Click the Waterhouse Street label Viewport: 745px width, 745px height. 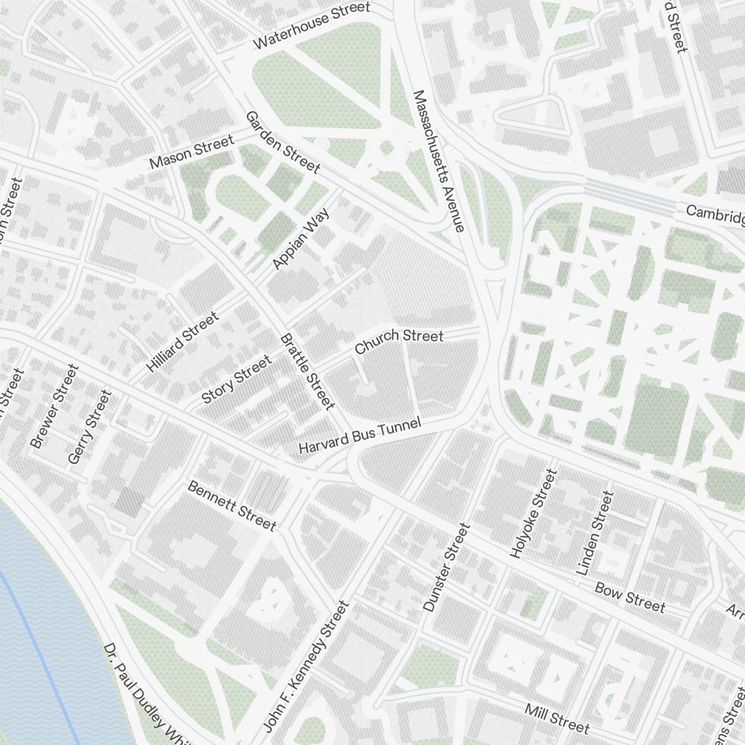pyautogui.click(x=311, y=25)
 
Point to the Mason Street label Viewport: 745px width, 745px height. pyautogui.click(x=191, y=151)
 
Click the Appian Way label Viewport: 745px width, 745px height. pyautogui.click(x=301, y=238)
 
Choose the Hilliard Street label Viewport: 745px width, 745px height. pyautogui.click(x=183, y=342)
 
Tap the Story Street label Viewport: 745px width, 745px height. pyautogui.click(x=237, y=379)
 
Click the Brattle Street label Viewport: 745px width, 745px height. pyautogui.click(x=307, y=371)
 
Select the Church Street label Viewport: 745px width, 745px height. pyautogui.click(x=399, y=341)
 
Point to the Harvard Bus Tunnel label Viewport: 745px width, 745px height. pyautogui.click(x=359, y=436)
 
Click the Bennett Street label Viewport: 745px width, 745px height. pyautogui.click(x=232, y=506)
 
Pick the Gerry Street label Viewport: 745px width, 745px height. pyautogui.click(x=89, y=427)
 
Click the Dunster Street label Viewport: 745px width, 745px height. pyautogui.click(x=446, y=567)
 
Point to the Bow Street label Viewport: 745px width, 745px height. pyautogui.click(x=630, y=596)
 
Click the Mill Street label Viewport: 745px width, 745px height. pyautogui.click(x=557, y=717)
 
